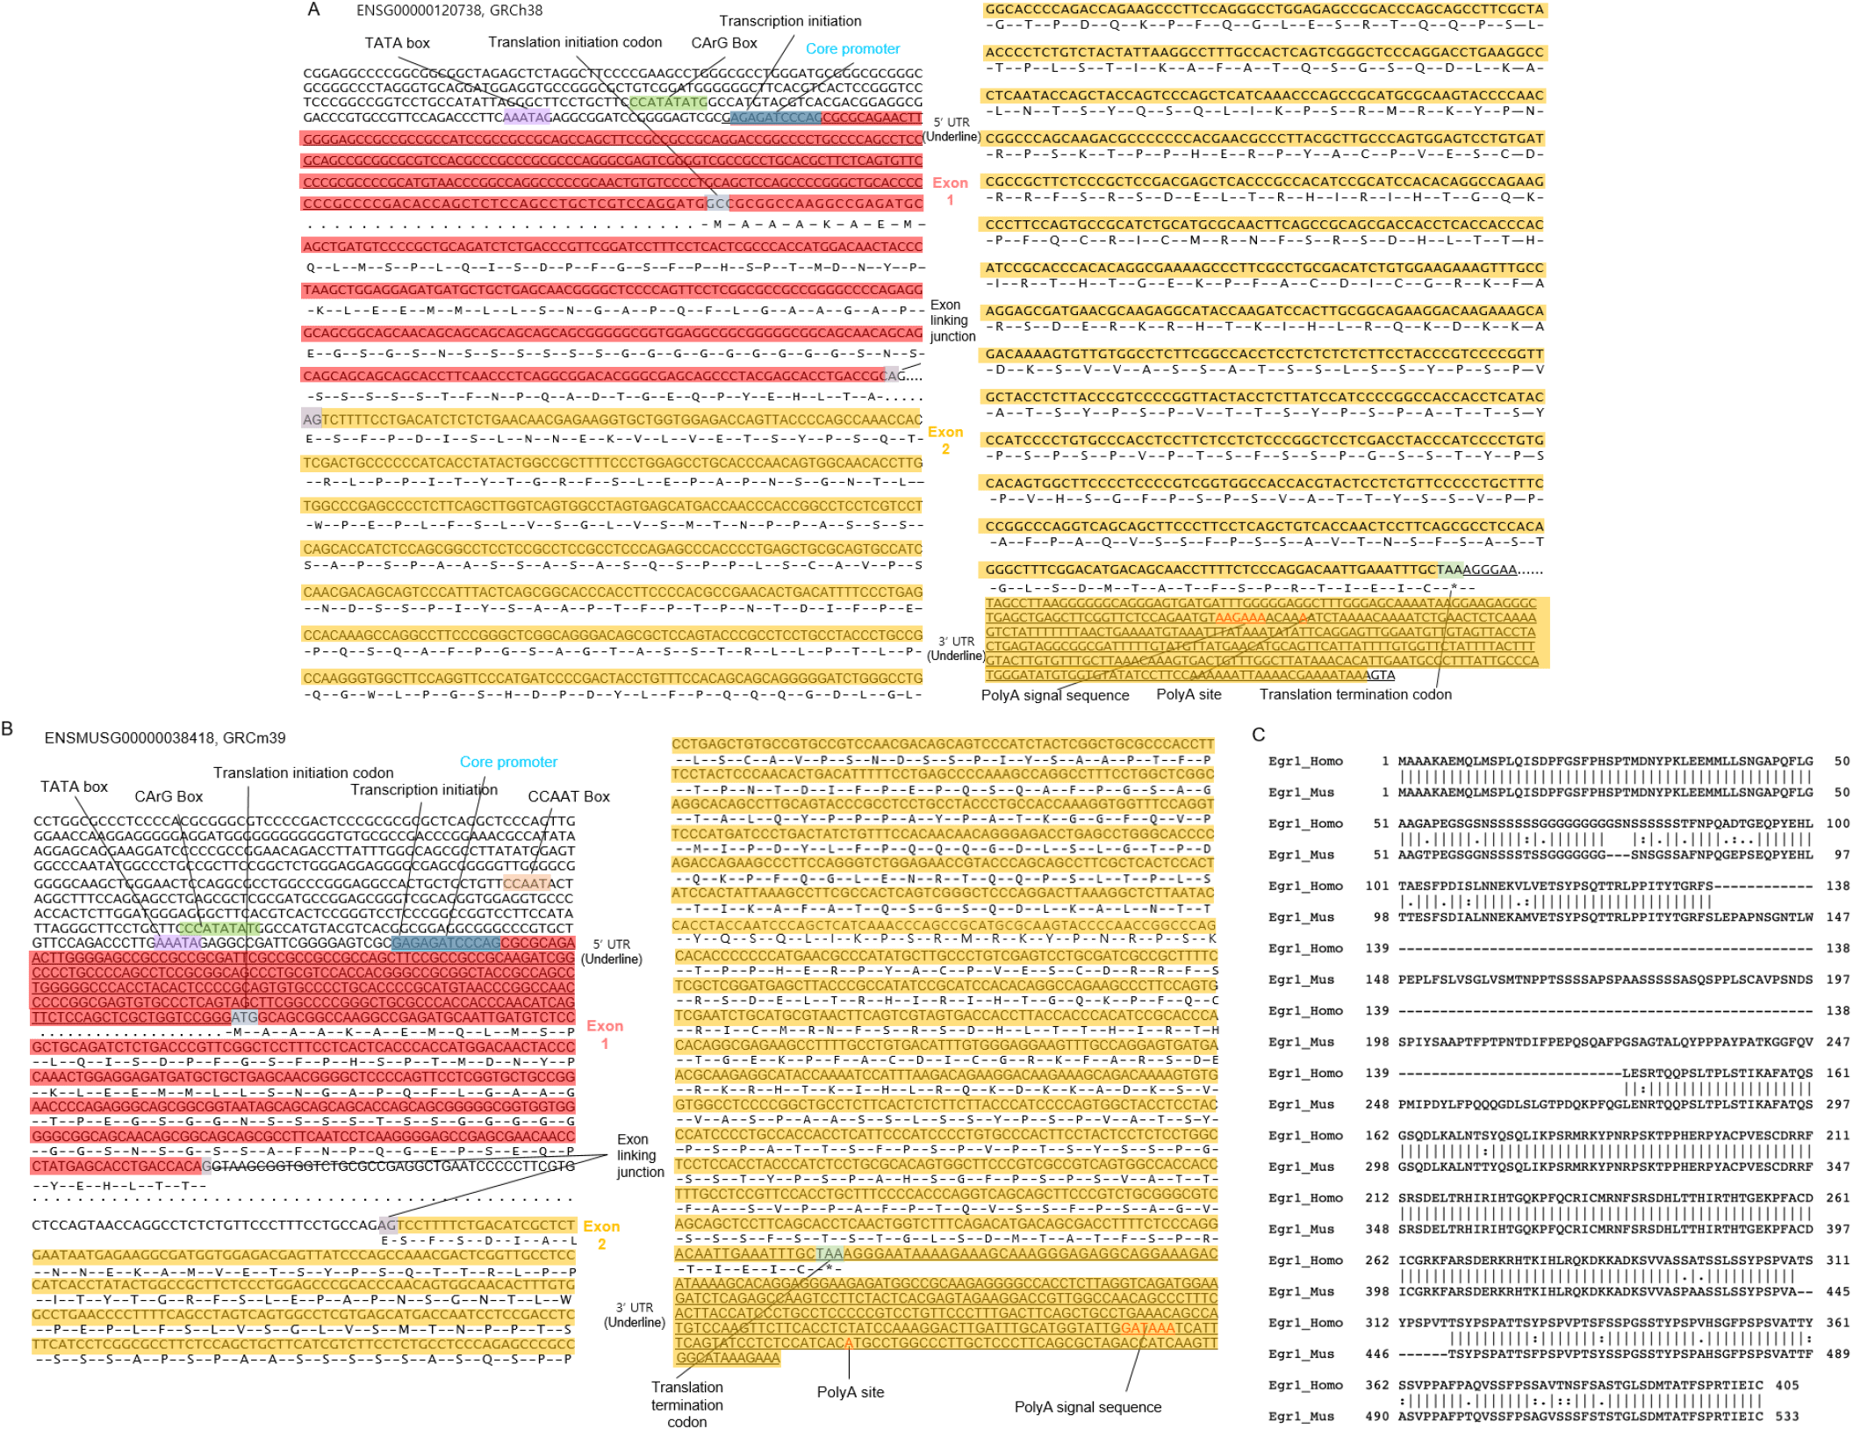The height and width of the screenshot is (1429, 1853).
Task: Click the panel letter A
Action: tap(313, 10)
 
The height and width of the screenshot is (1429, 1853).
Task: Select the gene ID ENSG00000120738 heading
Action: tap(449, 11)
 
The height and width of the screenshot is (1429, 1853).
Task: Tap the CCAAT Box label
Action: tap(568, 796)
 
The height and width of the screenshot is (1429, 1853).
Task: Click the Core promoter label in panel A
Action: tap(852, 49)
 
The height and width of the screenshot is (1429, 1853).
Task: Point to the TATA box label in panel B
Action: tap(74, 786)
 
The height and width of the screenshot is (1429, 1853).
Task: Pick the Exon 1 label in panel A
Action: tap(950, 191)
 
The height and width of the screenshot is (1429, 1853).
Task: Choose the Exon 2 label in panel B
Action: tap(601, 1234)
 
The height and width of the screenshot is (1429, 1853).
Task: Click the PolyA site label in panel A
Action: tap(1189, 694)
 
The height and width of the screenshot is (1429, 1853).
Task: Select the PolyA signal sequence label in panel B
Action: tap(1088, 1407)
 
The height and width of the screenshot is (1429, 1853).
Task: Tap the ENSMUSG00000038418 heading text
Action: tap(165, 738)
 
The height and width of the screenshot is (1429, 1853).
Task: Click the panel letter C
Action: tap(1259, 735)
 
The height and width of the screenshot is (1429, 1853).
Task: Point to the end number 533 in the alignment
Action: tap(1787, 1416)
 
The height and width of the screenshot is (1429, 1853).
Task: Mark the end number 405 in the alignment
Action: tap(1787, 1385)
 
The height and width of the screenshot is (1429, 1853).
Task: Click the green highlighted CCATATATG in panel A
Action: tap(668, 103)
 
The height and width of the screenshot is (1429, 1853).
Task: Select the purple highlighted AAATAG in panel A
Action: tap(527, 118)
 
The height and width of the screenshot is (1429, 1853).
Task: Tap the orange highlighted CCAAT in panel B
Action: tap(527, 883)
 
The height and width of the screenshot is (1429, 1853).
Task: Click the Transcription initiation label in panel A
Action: tap(790, 21)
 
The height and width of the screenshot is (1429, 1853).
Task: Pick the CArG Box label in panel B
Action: tap(169, 796)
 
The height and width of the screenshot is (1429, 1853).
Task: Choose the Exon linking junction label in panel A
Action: tap(952, 320)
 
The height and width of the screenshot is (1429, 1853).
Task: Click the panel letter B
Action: tap(8, 729)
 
